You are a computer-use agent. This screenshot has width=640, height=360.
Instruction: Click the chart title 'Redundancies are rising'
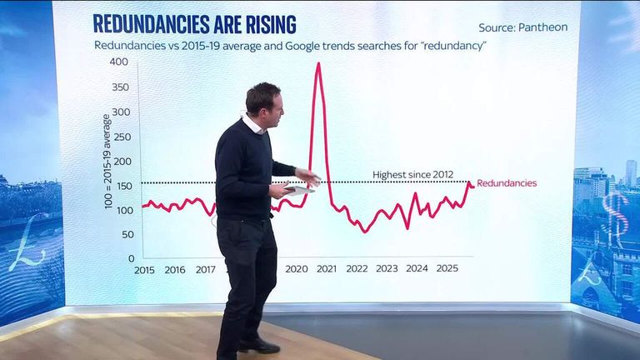click(x=194, y=24)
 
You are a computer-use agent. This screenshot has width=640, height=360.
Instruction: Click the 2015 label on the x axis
click(x=144, y=269)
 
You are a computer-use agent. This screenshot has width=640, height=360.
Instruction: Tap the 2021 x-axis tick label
click(x=326, y=269)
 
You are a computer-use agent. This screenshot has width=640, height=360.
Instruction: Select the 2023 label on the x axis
click(x=387, y=269)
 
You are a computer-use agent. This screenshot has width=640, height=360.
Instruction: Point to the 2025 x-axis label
click(x=447, y=269)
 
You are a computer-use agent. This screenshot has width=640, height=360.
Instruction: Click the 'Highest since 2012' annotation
click(x=412, y=174)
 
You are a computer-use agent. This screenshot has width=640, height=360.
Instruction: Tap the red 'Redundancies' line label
click(x=507, y=183)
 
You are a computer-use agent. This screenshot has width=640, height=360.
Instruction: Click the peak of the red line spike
click(x=317, y=63)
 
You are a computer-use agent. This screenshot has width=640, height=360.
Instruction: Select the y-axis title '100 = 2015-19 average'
click(x=108, y=162)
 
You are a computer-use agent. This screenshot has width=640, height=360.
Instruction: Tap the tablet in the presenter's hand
click(x=297, y=190)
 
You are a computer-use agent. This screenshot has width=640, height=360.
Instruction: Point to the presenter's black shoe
click(x=259, y=344)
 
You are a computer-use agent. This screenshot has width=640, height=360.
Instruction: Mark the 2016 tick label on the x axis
click(x=175, y=269)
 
